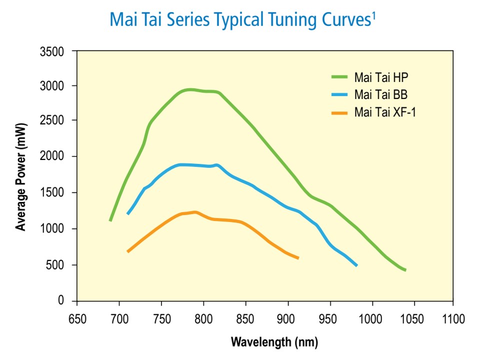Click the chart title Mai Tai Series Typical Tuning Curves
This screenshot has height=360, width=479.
240,19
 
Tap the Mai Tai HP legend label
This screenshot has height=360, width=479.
381,77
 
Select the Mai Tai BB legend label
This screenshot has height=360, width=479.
380,94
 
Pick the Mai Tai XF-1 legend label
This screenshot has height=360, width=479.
385,112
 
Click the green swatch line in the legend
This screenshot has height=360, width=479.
339,77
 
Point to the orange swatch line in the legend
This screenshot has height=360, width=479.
339,113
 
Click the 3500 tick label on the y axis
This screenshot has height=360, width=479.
52,51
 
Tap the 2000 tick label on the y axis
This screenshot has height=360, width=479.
52,156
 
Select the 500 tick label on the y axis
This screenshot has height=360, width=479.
55,265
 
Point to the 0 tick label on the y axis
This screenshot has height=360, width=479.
61,300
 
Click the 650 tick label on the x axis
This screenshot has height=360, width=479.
77,319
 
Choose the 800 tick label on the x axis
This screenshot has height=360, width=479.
203,319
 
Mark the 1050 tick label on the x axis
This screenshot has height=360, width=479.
412,319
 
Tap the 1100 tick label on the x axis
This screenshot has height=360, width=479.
453,319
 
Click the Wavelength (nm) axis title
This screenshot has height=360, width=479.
274,342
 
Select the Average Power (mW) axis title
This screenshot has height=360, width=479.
21,177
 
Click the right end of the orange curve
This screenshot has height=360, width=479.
298,258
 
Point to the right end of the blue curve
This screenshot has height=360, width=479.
356,265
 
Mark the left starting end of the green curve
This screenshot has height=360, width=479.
110,220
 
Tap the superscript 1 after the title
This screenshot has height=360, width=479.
373,15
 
